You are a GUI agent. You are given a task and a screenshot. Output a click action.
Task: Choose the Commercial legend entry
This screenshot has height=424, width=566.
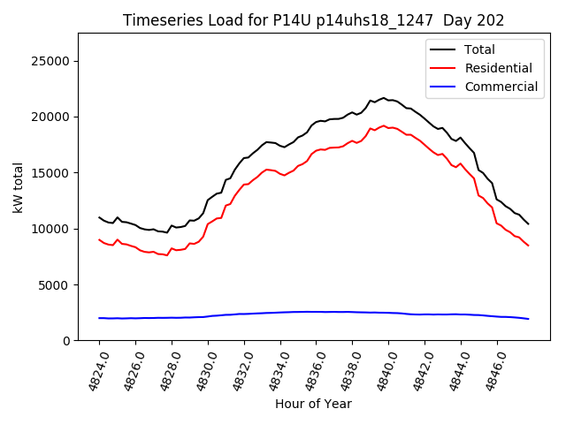pyautogui.click(x=501, y=87)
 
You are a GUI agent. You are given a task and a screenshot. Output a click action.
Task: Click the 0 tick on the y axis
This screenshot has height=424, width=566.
pyautogui.click(x=67, y=341)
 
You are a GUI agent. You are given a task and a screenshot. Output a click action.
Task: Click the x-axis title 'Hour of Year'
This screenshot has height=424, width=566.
pyautogui.click(x=313, y=404)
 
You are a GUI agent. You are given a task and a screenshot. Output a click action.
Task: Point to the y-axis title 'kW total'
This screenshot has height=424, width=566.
pyautogui.click(x=18, y=187)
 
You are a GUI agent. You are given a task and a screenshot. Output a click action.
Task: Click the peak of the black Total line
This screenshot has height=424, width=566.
pyautogui.click(x=384, y=98)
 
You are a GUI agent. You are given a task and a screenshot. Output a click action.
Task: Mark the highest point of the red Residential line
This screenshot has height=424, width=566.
pyautogui.click(x=384, y=125)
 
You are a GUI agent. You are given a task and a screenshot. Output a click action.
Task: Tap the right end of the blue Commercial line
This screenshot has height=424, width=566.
pyautogui.click(x=528, y=319)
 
